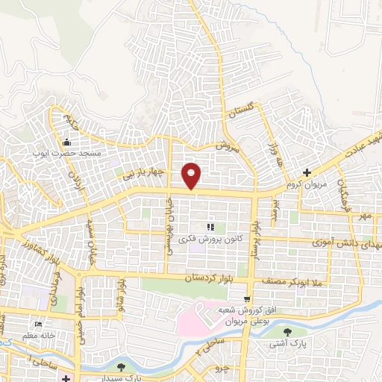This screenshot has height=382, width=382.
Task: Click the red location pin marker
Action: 192,175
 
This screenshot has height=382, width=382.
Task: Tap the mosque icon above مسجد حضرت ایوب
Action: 68,143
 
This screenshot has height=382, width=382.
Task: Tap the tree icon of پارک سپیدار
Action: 120,366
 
